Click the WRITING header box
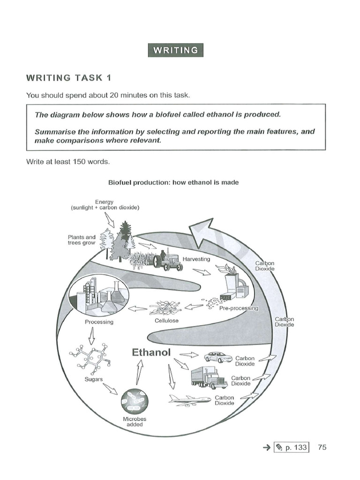point(176,50)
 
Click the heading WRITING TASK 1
point(69,77)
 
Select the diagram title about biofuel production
point(173,182)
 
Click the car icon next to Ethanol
point(218,357)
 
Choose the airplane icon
point(189,400)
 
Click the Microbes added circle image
point(135,401)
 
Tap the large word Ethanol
point(151,352)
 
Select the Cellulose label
point(166,321)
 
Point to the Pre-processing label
point(239,308)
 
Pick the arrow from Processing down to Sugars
point(92,335)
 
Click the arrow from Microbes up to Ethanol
point(139,374)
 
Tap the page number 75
point(322,447)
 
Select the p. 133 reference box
point(291,447)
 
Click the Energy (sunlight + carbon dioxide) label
point(105,204)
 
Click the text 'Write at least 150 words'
point(68,162)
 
